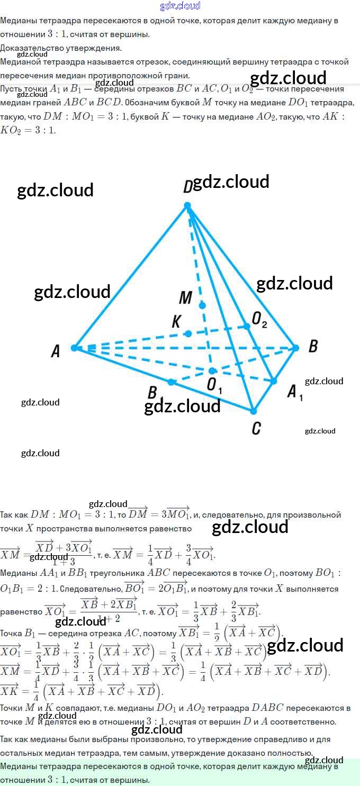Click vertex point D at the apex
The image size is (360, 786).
[x=187, y=205]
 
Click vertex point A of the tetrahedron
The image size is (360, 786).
[x=74, y=348]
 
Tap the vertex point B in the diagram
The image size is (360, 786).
[x=296, y=348]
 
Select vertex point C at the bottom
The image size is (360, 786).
[x=254, y=411]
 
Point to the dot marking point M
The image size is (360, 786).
[x=202, y=305]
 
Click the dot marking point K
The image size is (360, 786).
[x=187, y=333]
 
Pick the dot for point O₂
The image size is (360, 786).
[x=246, y=327]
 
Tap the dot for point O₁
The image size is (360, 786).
[x=212, y=371]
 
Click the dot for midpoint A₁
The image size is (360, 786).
[x=274, y=381]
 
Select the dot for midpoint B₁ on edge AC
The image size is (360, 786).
[x=170, y=381]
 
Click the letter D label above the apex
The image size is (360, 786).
[x=187, y=187]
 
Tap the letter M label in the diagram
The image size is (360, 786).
[x=185, y=298]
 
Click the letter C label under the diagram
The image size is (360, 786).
[x=256, y=428]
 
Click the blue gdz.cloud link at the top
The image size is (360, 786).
[x=180, y=6]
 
